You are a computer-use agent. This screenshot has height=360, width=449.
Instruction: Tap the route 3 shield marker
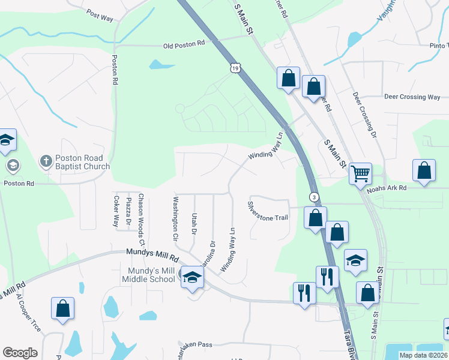click(x=313, y=197)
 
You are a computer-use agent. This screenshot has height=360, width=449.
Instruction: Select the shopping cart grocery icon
click(x=360, y=174)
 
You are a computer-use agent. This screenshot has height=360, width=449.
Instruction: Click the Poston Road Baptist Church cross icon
click(x=46, y=161)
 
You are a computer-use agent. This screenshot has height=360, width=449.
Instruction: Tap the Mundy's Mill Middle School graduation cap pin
click(x=192, y=277)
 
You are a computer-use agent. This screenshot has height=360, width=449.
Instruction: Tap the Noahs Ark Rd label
click(x=387, y=188)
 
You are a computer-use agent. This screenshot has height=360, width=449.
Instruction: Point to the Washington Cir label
click(x=176, y=218)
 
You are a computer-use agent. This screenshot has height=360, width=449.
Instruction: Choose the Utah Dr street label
click(x=193, y=223)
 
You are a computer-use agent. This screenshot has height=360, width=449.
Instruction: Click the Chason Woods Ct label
click(x=142, y=220)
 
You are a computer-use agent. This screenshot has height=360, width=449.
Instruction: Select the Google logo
click(x=20, y=353)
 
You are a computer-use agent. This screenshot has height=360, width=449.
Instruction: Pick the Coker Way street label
click(x=116, y=210)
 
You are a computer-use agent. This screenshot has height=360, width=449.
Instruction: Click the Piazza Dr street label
click(x=128, y=216)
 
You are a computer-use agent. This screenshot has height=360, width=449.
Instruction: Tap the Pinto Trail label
click(x=438, y=45)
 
